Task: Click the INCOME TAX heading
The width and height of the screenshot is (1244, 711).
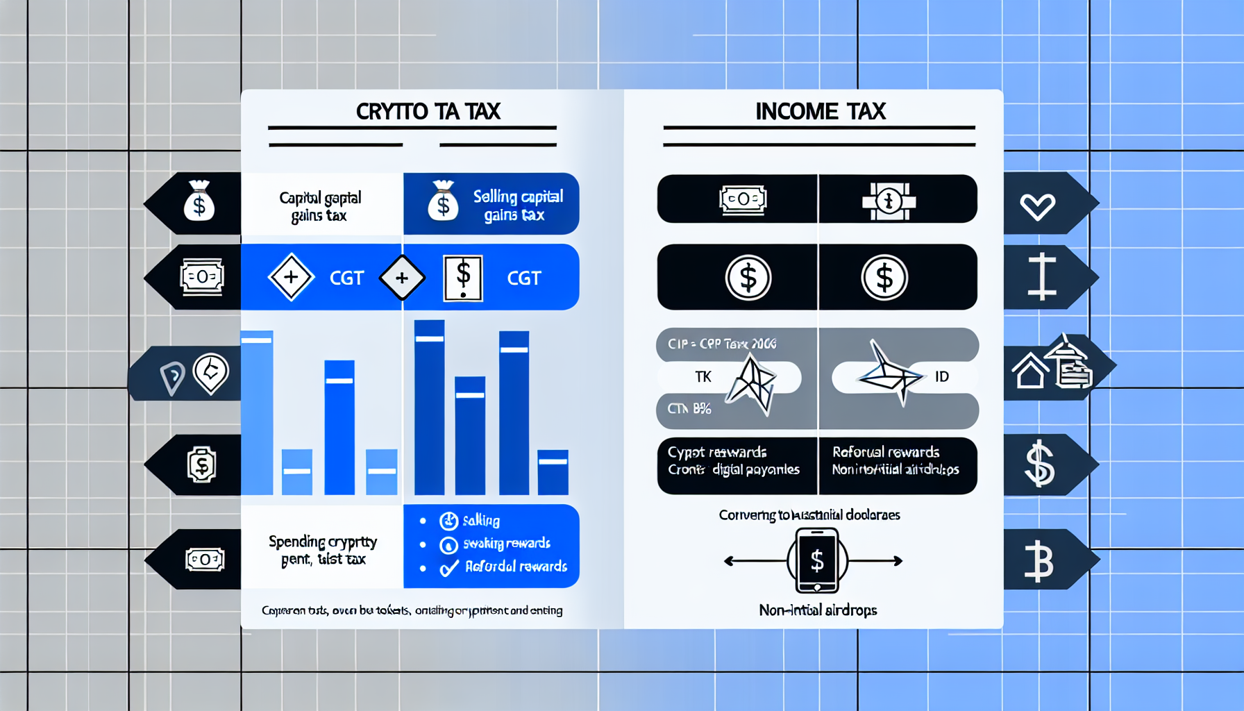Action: point(820,112)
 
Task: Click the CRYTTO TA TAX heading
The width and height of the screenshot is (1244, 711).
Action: point(428,112)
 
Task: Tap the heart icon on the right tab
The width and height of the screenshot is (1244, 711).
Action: point(1037,206)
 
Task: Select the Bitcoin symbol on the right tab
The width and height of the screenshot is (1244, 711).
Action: point(1039,561)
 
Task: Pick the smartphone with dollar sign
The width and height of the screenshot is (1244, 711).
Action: point(817,560)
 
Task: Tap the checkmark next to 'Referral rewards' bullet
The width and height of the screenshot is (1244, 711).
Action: point(449,569)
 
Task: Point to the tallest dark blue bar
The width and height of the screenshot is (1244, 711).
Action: point(429,407)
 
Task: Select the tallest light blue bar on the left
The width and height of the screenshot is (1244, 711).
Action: point(257,413)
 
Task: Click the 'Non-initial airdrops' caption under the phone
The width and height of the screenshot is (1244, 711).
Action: point(818,610)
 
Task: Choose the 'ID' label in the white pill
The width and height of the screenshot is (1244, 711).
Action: point(941,377)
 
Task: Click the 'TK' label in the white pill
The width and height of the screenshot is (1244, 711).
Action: point(703,377)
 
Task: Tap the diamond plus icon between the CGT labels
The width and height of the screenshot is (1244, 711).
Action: point(402,278)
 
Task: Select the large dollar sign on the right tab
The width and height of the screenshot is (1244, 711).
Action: point(1039,464)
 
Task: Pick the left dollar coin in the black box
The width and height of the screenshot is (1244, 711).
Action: point(748,278)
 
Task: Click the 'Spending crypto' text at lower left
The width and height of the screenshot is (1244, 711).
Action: point(323,542)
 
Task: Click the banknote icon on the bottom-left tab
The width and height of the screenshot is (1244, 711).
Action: point(205,559)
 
